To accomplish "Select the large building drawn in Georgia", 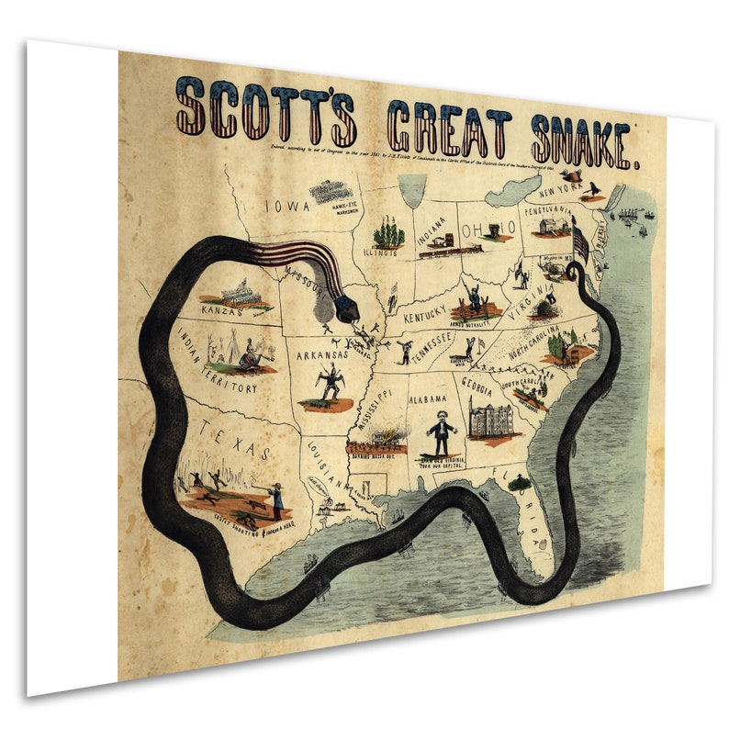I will click(x=487, y=418).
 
